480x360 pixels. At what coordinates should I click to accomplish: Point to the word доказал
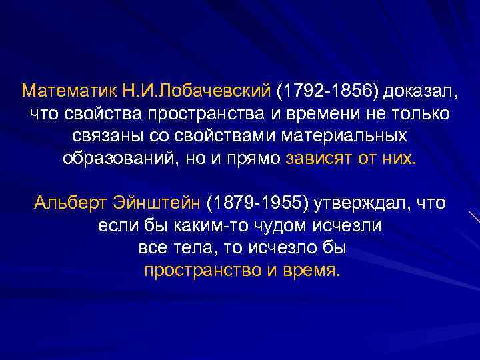click(415, 89)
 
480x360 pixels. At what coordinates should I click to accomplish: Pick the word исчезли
click(351, 225)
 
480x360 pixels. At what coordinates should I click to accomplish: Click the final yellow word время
click(313, 271)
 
